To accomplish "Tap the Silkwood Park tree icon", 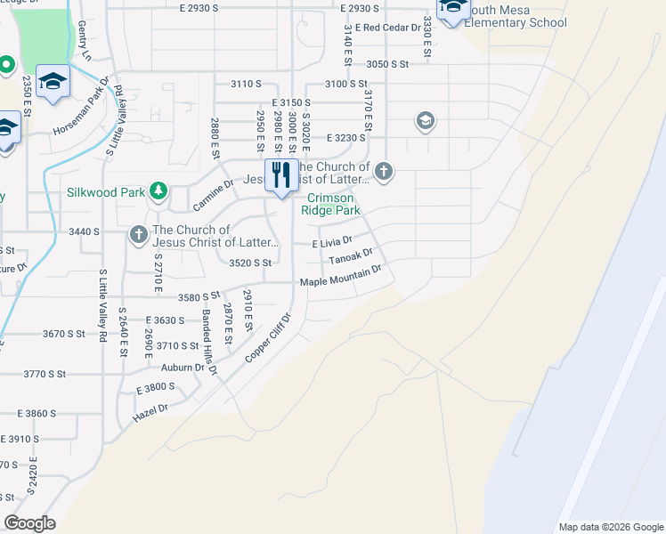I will pos(158,190).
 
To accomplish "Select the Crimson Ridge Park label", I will pos(334,204).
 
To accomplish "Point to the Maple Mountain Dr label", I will pos(340,281).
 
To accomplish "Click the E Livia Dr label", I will pos(332,241).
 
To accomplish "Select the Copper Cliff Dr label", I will pos(269,336).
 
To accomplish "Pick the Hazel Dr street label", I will pos(151,409).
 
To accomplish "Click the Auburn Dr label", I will pos(183,367).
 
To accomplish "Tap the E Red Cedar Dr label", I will pos(387,28).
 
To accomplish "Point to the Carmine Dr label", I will pos(214,196).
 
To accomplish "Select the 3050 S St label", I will pos(387,65).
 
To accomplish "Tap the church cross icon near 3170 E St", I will pos(384,170).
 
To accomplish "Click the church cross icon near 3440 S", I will pos(138,234).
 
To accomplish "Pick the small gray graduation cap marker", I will pos(425,121).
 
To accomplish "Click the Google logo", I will pos(29,523).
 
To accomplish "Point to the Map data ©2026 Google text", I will pos(610,527).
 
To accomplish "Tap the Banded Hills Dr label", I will pos(209,330).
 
